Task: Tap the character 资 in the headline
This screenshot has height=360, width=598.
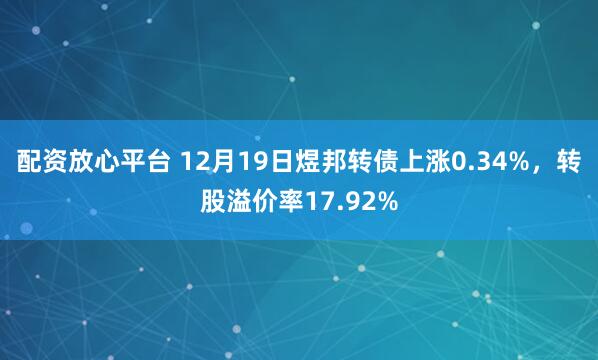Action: click(57, 161)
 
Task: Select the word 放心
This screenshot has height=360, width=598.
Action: click(102, 161)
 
